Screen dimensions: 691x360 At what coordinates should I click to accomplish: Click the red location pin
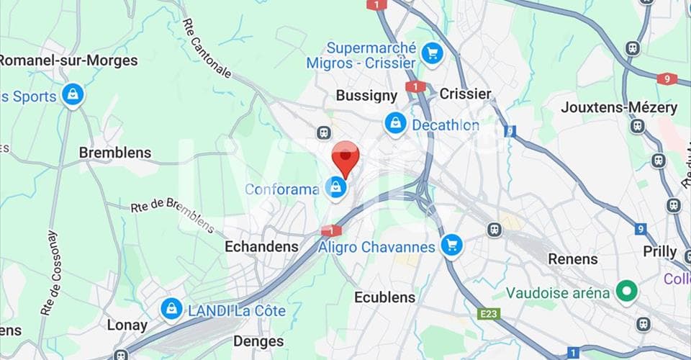pos(345,158)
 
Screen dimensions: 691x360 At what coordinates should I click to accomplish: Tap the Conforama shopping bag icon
pos(335,189)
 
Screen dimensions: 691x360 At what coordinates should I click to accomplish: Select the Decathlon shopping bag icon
pos(395,124)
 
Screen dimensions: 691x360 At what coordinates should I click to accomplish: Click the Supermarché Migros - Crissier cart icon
pos(431,53)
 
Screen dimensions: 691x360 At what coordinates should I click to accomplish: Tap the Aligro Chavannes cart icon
pos(451,246)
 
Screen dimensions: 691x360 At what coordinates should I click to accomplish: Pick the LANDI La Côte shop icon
pos(171,310)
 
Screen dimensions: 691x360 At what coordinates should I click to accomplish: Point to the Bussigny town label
pos(366,96)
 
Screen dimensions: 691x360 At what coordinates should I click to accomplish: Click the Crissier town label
pos(465,94)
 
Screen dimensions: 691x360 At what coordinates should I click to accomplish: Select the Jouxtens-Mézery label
pos(619,108)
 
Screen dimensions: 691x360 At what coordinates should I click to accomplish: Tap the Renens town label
pos(573,258)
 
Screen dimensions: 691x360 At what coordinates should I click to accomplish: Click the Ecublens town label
pos(384,297)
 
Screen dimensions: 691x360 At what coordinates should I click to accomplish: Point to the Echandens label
pos(261,246)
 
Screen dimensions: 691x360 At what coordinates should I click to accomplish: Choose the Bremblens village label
pos(115,153)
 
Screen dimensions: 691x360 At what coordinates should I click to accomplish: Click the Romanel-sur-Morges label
pos(68,60)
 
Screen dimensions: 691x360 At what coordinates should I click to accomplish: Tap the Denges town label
pos(258,341)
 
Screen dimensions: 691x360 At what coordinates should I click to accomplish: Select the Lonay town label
pos(127,325)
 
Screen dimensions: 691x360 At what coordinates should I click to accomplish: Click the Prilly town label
pos(660,252)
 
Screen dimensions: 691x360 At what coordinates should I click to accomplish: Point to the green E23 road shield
pos(488,314)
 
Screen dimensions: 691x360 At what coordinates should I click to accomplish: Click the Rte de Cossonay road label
pos(50,273)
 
